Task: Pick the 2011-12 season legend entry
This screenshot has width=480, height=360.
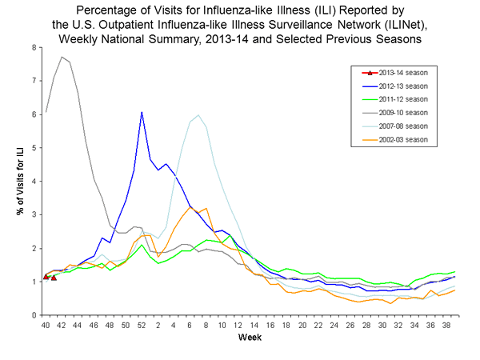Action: click(x=402, y=98)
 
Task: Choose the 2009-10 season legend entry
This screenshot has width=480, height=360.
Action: click(x=402, y=112)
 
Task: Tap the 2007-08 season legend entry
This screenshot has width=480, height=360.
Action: click(x=402, y=126)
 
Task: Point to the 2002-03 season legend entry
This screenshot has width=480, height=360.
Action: click(x=402, y=140)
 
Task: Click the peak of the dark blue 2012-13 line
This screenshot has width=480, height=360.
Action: click(x=142, y=112)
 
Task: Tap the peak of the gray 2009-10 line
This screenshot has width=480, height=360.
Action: click(x=62, y=57)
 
